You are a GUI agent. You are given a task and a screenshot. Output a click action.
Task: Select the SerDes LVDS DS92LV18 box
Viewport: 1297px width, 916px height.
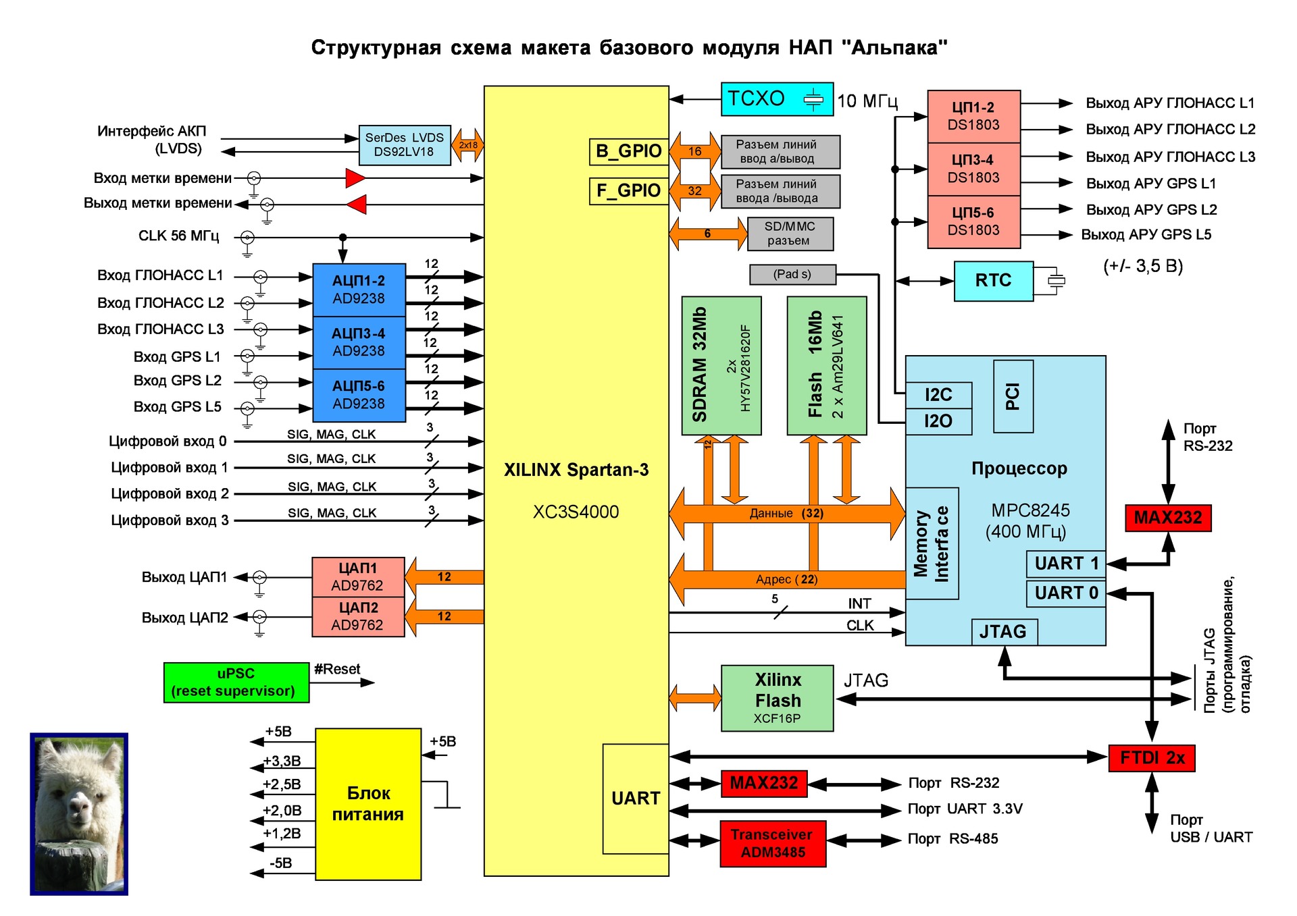point(404,145)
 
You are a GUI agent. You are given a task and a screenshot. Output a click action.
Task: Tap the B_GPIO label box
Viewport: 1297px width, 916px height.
point(628,151)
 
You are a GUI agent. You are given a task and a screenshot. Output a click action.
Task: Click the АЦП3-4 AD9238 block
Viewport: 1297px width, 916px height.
point(359,342)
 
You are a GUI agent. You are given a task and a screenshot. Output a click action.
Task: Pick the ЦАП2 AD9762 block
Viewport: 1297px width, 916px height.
point(358,616)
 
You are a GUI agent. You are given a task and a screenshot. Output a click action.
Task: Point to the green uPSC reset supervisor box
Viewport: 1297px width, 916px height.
point(236,682)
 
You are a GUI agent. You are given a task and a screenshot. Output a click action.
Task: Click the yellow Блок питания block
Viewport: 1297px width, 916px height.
point(368,804)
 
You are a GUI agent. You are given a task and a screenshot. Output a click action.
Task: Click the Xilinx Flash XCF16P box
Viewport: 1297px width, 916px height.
point(777,698)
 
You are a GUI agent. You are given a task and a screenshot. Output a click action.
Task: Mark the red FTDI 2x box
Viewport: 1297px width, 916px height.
point(1151,758)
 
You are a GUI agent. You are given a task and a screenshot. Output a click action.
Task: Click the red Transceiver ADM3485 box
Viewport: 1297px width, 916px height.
point(773,843)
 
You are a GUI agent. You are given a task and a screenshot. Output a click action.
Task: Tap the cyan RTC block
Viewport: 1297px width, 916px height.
point(993,281)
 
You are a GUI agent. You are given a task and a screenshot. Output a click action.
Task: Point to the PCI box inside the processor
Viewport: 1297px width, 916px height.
point(1013,396)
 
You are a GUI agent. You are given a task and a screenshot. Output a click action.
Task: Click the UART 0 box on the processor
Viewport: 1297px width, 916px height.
point(1065,593)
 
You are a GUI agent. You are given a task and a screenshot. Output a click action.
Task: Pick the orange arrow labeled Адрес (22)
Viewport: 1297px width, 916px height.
point(786,579)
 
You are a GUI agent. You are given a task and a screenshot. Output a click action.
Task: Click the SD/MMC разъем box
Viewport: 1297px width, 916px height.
point(790,234)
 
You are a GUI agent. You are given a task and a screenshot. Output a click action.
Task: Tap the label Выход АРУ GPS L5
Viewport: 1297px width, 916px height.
point(1146,235)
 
